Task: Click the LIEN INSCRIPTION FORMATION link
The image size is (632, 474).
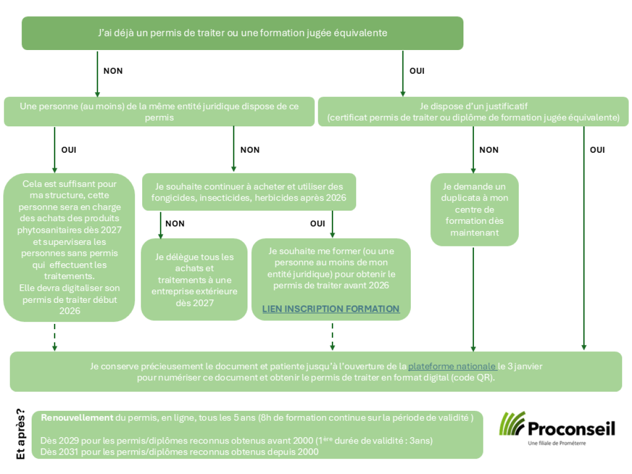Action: click(x=331, y=309)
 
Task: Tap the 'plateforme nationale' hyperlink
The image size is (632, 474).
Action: click(x=452, y=367)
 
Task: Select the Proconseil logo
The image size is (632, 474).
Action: click(x=557, y=429)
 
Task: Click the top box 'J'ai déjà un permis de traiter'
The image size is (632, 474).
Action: click(x=242, y=33)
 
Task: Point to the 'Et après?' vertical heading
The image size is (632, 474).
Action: click(x=21, y=433)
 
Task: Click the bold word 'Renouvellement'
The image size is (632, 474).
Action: click(x=77, y=418)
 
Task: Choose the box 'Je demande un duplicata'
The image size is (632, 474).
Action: click(x=475, y=210)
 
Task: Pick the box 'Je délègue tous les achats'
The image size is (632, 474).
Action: click(x=194, y=280)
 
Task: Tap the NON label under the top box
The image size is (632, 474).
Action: click(x=113, y=71)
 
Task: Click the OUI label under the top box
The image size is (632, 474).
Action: click(x=417, y=71)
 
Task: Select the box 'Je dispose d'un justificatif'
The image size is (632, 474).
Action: click(x=473, y=112)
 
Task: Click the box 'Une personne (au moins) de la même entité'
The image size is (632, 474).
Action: click(x=159, y=112)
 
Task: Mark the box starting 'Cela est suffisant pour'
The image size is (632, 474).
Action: click(x=69, y=248)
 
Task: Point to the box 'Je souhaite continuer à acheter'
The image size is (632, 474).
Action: click(x=249, y=192)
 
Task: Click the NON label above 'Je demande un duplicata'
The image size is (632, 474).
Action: click(x=489, y=150)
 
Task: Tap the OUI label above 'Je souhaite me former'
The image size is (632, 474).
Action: click(x=318, y=224)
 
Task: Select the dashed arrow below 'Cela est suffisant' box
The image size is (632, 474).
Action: click(x=55, y=337)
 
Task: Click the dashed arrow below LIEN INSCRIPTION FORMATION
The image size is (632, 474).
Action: click(x=332, y=337)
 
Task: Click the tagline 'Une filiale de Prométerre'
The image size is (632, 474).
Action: click(x=557, y=443)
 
